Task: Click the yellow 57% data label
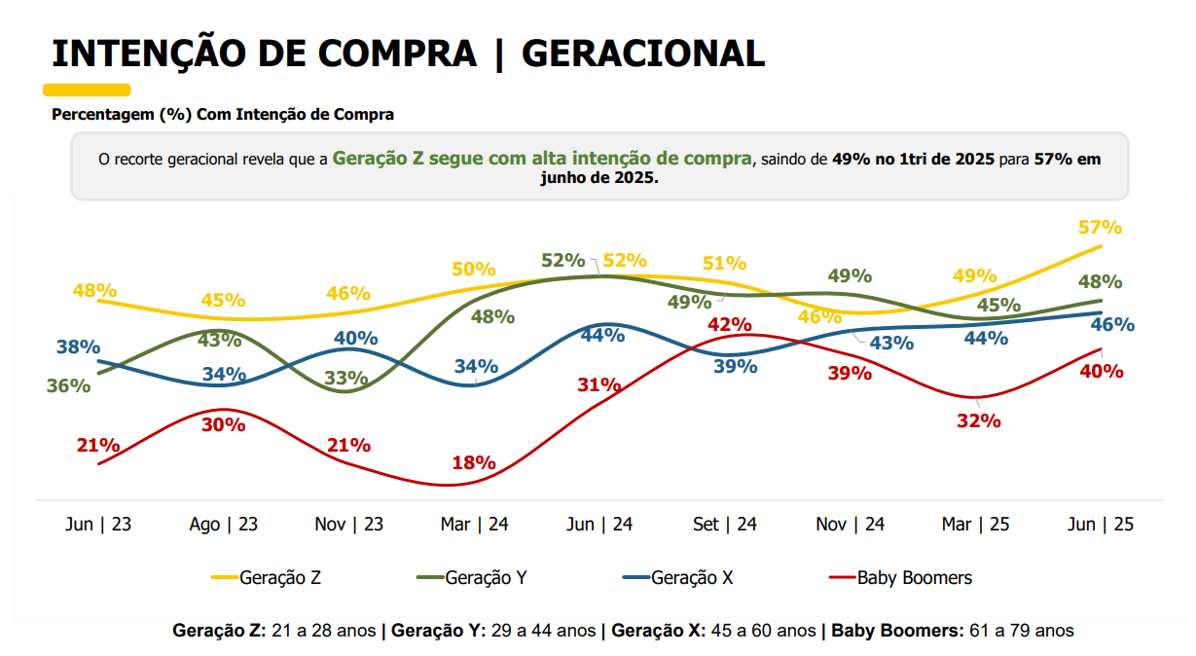point(1101,228)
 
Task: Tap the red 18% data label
point(474,463)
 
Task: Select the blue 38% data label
point(79,346)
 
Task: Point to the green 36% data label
point(68,385)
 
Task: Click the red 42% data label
point(730,324)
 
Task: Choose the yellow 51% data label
point(724,263)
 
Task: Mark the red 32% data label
point(979,421)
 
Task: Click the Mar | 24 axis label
point(474,525)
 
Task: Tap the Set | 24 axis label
point(725,525)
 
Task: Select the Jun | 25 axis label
point(1101,525)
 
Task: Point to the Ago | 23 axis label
point(223,525)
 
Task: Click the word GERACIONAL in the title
point(643,54)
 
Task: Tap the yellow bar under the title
point(87,90)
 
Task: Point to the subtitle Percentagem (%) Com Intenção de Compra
point(223,115)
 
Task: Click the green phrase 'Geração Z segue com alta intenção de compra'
point(542,158)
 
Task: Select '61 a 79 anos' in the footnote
point(1019,631)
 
